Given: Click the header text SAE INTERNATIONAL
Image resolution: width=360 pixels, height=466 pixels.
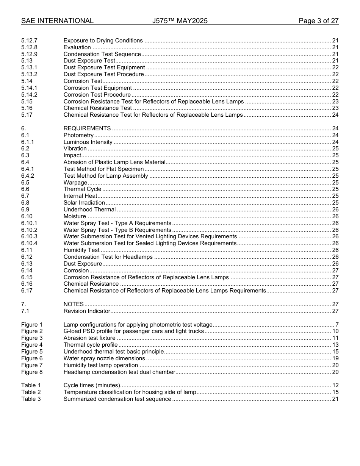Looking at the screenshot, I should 57,21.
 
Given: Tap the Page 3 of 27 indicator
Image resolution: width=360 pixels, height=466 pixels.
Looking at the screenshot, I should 318,21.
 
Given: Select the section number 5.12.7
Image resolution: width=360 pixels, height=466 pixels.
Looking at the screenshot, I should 30,41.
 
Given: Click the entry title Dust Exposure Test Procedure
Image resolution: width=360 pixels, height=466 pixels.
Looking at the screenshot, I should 103,74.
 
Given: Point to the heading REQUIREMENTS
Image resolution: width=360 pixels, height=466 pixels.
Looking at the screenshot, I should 87,128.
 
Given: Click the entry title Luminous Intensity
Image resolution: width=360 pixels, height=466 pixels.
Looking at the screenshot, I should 88,142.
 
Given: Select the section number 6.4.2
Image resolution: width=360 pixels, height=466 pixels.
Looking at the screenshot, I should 28,176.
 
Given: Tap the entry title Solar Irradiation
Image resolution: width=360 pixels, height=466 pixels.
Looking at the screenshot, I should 84,203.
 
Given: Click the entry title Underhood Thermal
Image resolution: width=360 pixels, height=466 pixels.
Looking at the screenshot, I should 89,210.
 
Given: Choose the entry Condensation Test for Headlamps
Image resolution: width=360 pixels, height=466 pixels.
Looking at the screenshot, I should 108,257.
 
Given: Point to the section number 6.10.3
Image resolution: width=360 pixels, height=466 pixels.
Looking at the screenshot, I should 30,236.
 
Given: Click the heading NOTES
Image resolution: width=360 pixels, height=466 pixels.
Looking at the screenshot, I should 74,304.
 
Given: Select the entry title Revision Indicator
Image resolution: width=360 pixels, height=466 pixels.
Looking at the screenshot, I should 87,311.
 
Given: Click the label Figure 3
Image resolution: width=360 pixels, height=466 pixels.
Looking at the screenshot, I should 32,338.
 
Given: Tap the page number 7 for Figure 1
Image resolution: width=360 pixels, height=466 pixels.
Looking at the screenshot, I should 337,325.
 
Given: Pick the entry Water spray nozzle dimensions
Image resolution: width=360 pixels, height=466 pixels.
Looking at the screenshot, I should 104,358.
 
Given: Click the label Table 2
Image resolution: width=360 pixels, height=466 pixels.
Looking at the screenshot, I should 31,392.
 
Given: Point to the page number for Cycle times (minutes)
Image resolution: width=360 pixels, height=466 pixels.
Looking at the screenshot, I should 335,385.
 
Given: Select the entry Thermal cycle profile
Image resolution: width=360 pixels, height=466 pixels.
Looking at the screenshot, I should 91,345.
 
